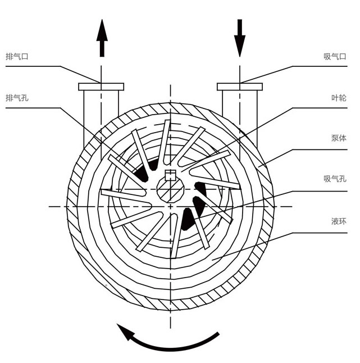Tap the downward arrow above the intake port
(x=240, y=37)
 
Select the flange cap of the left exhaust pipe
(x=101, y=87)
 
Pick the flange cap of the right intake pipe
(x=240, y=87)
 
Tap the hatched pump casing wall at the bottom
(x=170, y=301)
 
